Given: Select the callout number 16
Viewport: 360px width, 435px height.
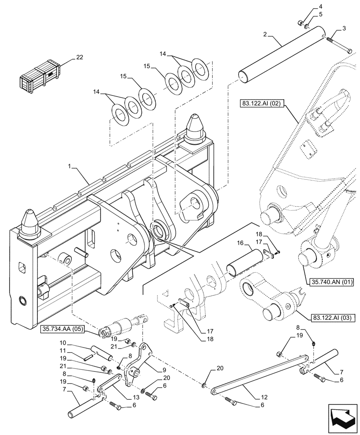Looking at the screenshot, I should (240, 245).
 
